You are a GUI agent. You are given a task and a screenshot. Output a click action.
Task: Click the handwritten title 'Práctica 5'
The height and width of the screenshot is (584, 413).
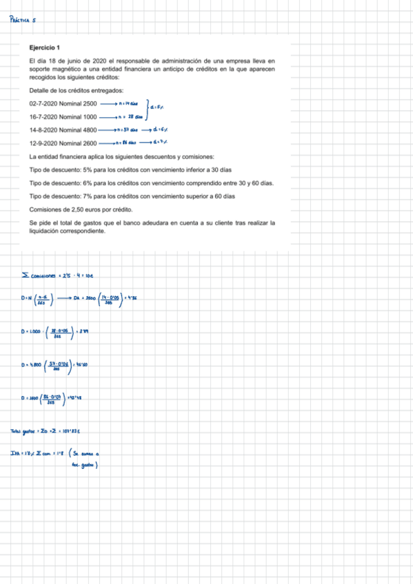coord(25,20)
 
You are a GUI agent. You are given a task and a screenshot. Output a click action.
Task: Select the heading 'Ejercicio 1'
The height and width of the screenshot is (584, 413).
coord(45,48)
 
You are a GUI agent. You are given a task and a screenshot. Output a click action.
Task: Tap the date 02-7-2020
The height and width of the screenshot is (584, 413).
coord(42,103)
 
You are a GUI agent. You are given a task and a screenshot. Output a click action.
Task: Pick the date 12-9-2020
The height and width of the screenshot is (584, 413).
coord(42,143)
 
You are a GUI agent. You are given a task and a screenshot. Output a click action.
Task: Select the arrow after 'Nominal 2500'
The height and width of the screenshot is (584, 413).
coord(109,103)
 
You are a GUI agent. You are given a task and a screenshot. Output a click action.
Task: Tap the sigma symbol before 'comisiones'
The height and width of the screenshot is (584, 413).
coord(25,277)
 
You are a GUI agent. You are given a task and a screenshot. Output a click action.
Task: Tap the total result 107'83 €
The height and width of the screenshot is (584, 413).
coord(72,432)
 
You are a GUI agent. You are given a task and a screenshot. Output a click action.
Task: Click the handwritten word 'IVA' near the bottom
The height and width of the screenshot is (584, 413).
coord(17,453)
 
